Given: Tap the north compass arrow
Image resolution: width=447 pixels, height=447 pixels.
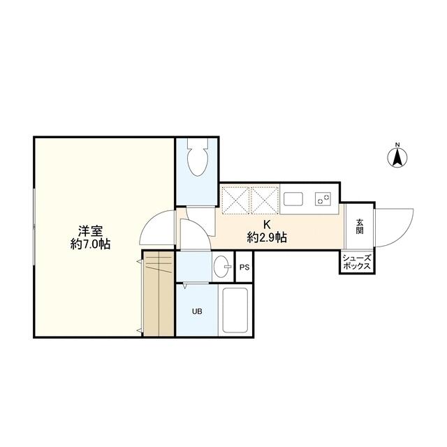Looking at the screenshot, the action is tap(397, 158).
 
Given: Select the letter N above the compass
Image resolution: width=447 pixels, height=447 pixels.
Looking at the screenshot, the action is tap(397, 145).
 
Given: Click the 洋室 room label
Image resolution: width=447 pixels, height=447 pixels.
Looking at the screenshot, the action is tap(91, 231).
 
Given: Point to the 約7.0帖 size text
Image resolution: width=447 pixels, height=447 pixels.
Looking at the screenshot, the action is tap(91, 244).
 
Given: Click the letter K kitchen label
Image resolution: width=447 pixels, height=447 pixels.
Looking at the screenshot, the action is tap(267, 224).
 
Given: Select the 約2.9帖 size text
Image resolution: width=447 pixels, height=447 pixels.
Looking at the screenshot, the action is tap(267, 237).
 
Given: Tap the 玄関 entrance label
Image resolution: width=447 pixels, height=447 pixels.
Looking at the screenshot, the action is tap(360, 226).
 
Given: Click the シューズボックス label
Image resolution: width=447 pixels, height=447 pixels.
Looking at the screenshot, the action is tap(357, 263).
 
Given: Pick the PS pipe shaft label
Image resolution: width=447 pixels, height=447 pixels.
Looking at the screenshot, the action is tap(244, 268).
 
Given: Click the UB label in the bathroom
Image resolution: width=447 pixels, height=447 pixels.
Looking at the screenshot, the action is tap(197, 312).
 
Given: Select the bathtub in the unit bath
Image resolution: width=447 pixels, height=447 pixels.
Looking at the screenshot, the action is tap(235, 310).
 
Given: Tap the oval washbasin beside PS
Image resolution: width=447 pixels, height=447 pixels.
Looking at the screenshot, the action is tap(221, 267).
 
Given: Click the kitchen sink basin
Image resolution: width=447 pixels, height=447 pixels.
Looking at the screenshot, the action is tap(293, 199).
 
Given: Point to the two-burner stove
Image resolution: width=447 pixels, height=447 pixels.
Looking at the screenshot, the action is tap(323, 198).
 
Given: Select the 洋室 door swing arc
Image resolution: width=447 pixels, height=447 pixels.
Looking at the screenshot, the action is tap(151, 221).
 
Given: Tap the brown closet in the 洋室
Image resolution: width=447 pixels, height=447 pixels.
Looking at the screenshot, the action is tap(159, 294).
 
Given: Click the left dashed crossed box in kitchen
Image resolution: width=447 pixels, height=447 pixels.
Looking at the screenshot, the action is tap(235, 200).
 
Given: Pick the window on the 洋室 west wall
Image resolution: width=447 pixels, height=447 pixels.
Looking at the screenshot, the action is tap(34, 226).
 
